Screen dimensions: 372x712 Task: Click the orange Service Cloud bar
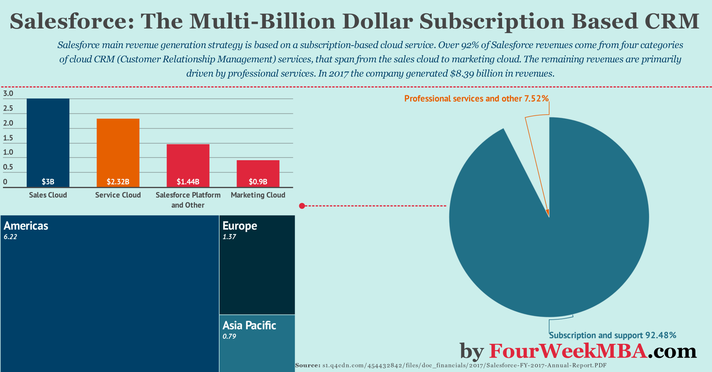click(x=118, y=148)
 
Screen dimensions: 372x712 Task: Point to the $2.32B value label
click(x=118, y=182)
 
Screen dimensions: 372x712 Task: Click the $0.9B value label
click(x=258, y=182)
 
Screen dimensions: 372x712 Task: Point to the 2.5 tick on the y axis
click(x=8, y=108)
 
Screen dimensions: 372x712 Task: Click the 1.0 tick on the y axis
click(x=8, y=152)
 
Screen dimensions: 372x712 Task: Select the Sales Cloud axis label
click(x=48, y=195)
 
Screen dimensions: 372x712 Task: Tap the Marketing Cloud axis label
click(x=258, y=195)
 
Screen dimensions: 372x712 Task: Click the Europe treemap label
click(x=240, y=226)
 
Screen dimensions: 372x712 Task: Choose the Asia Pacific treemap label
click(x=249, y=326)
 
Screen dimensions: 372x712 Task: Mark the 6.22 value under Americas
click(x=10, y=237)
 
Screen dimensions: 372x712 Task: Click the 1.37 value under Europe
click(x=229, y=237)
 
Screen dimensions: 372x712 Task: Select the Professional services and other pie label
click(x=476, y=99)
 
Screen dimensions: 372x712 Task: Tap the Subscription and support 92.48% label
click(x=613, y=335)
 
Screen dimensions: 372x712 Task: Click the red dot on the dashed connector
click(x=302, y=206)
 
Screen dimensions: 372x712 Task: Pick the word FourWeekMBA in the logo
click(x=568, y=351)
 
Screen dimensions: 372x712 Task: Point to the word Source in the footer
click(x=307, y=365)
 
